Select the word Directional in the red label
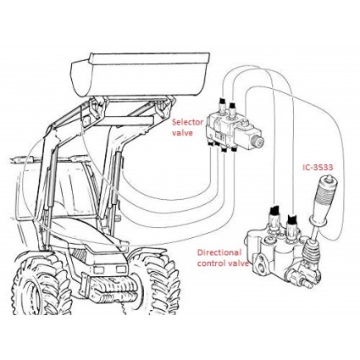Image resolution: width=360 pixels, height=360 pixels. [219, 252]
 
